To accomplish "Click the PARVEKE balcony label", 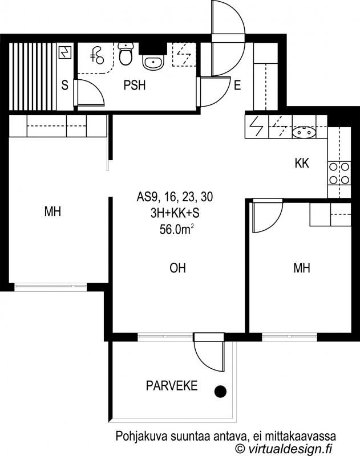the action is click(x=172, y=386).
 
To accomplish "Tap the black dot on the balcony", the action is click(x=220, y=391).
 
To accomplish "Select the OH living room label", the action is click(x=177, y=268).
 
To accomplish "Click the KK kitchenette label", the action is click(x=302, y=164).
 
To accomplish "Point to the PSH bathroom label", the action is click(x=135, y=85).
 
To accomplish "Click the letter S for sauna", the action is click(x=64, y=85).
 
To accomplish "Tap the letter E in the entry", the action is click(x=237, y=85).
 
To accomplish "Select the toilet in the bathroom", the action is click(x=126, y=54).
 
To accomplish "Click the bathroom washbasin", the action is click(x=153, y=62).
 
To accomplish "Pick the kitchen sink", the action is click(x=304, y=132).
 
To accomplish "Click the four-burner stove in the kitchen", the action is click(x=339, y=174).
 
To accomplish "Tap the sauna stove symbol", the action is click(x=65, y=52).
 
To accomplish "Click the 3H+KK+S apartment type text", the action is click(x=175, y=213).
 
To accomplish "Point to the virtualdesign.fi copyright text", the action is click(x=284, y=448).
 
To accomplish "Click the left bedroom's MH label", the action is click(x=52, y=211).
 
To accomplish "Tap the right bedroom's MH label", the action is click(x=302, y=268).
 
